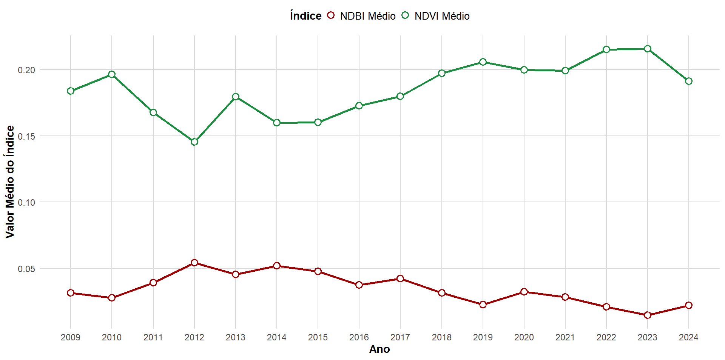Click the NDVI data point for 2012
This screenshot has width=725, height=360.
point(194,142)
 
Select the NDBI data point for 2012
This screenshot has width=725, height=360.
point(194,263)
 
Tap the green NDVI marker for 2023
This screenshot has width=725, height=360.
point(648,49)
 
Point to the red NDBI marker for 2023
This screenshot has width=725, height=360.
point(648,315)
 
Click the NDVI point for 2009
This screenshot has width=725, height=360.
point(71,91)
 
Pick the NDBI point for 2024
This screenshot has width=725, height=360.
point(689,305)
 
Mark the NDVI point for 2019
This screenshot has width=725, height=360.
point(483,62)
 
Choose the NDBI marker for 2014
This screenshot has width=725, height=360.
point(277,266)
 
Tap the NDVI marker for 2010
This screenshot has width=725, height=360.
point(112,74)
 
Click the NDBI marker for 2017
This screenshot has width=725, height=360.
point(400,278)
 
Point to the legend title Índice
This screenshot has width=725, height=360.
point(305,16)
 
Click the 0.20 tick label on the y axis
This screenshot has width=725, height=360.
point(26,70)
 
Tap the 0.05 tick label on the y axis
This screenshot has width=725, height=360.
point(26,269)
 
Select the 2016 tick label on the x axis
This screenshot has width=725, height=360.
point(359,337)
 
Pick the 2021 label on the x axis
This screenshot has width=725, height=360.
point(565,337)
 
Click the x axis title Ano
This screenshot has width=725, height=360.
point(379,349)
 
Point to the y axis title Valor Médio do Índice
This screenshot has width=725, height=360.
point(10,182)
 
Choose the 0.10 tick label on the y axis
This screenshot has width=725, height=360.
point(26,203)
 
